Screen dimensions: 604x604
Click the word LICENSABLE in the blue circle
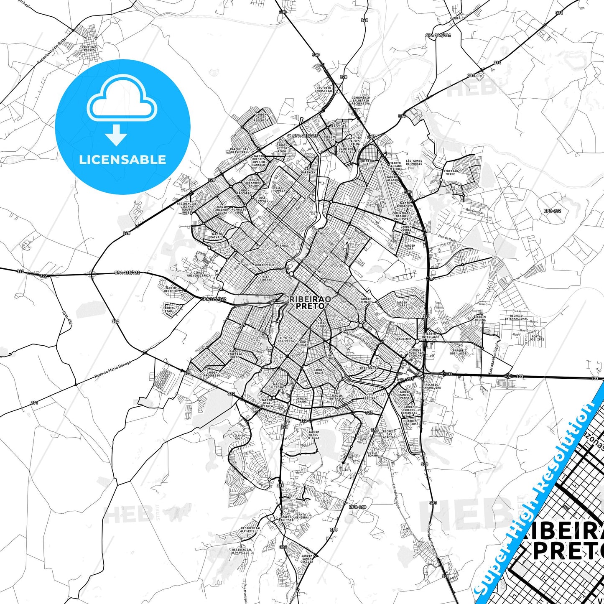coord(122,159)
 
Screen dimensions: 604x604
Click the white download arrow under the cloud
coord(116,135)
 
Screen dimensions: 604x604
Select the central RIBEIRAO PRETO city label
coord(310,303)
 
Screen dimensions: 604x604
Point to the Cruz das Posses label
coord(89,49)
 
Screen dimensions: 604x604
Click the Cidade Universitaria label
coord(199,274)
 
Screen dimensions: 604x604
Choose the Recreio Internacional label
coord(516,317)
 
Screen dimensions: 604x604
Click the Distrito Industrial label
coord(324,89)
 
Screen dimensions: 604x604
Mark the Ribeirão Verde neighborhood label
coord(451,172)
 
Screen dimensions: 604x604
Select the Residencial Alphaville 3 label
coord(242,551)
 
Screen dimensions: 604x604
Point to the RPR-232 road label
coord(552,211)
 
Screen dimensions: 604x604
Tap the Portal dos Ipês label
coord(537,338)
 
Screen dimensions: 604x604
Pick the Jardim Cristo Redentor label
coord(261,117)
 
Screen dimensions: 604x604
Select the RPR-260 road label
coord(357,507)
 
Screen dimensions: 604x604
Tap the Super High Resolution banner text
coord(538,493)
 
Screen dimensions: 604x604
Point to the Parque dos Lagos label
coord(458,352)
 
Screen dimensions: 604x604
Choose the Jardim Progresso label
coord(212,374)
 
